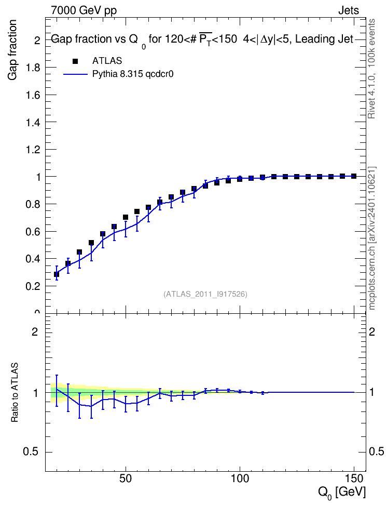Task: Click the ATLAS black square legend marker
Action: pos(75,61)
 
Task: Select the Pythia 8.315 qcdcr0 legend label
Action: pos(133,74)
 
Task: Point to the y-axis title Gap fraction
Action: pos(12,50)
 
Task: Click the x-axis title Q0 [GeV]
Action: pos(342,493)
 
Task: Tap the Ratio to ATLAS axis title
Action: pos(15,393)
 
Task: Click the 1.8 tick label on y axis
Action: pos(33,68)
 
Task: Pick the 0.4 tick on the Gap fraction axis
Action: pos(33,259)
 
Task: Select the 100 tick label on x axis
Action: pos(240,479)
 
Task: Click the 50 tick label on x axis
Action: pos(126,479)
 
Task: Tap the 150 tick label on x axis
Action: pos(354,479)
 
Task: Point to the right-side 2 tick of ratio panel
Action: pos(372,331)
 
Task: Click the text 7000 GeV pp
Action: pos(84,10)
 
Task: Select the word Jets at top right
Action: pos(349,10)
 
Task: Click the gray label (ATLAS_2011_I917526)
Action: pos(205,294)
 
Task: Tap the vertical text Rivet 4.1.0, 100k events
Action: pos(371,69)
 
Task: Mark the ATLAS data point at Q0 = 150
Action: pos(354,176)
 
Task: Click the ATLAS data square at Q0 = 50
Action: pos(126,217)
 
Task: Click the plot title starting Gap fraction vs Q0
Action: pos(202,39)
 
